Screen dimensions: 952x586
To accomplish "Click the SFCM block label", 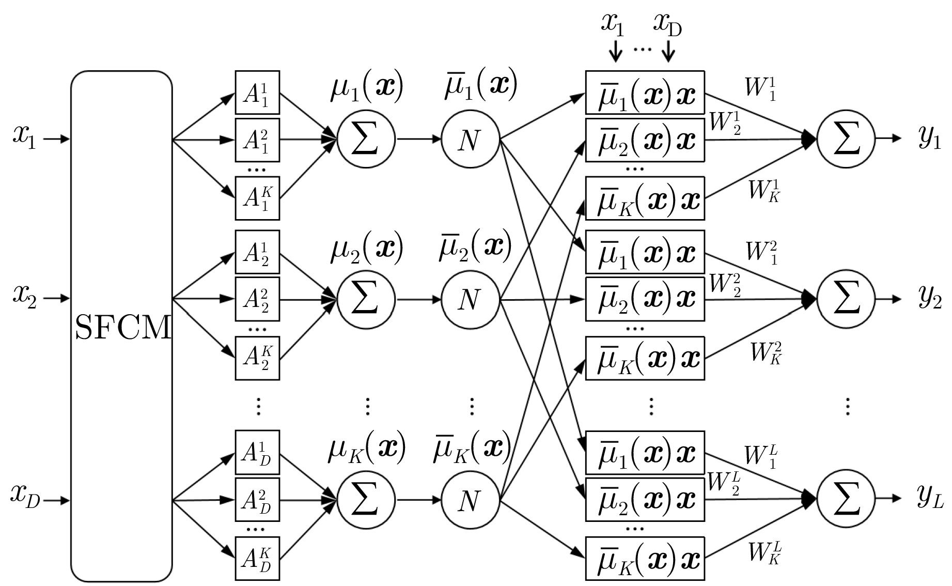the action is [123, 328].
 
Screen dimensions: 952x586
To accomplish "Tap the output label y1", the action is [930, 138].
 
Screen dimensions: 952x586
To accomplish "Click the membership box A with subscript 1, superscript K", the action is [257, 198].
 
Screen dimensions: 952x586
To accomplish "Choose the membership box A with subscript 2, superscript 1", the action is [257, 252].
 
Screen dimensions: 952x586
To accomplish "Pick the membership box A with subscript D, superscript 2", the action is [257, 500].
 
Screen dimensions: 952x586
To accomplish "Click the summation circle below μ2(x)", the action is [366, 299].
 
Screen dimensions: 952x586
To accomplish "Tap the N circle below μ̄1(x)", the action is [470, 139].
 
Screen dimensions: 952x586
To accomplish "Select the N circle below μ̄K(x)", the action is [470, 500].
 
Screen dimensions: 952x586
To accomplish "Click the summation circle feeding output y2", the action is [846, 299].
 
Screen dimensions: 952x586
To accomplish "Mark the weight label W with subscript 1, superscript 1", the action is [761, 88].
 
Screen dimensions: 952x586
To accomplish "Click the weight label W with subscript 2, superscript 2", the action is [726, 285].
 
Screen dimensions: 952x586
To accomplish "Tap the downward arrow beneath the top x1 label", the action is [615, 51].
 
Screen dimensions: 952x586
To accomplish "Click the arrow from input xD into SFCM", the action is [56, 500].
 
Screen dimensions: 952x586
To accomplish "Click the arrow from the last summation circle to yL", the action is [888, 499].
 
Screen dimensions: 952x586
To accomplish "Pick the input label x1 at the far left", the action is [25, 138].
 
